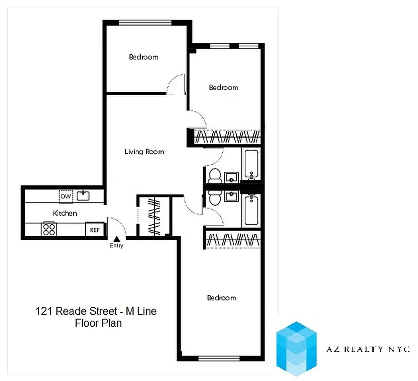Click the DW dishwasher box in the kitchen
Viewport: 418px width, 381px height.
pos(66,196)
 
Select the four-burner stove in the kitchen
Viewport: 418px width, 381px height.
pos(49,230)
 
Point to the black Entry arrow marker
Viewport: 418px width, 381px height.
pos(116,239)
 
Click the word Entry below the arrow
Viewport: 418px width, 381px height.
pos(117,246)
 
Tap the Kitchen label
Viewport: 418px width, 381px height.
pos(65,213)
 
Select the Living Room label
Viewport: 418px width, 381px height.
pos(144,152)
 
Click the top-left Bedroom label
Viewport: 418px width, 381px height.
pos(143,57)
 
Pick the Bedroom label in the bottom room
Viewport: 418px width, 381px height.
pos(221,298)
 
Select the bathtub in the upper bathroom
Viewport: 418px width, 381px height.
pos(251,164)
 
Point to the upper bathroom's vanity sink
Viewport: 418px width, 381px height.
pos(232,177)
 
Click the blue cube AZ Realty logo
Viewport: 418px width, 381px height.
pos(297,348)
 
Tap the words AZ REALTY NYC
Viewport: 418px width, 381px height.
pos(368,349)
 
